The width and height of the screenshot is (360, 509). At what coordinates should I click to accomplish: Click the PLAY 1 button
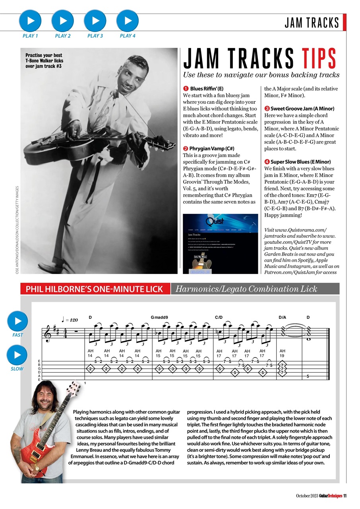pos(30,20)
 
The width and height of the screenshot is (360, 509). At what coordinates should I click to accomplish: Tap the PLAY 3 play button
pos(95,20)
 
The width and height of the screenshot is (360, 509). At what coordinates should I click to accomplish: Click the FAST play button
pos(17,321)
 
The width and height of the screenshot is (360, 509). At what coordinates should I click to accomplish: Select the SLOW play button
pos(17,355)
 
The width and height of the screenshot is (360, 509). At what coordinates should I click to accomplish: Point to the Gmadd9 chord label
pos(160,318)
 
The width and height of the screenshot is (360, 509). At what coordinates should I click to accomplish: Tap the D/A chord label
pos(283,318)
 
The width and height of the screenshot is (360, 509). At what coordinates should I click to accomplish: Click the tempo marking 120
pos(71,319)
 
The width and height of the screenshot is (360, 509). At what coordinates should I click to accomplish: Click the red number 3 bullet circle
pos(267,108)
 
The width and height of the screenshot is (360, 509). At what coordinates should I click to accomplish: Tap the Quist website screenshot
pos(220,243)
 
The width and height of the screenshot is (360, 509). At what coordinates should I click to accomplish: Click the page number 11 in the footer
pos(345,495)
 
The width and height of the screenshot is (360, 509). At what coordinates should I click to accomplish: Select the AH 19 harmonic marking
pos(283,354)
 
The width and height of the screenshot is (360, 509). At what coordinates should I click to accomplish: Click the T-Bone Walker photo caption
pos(44,61)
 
